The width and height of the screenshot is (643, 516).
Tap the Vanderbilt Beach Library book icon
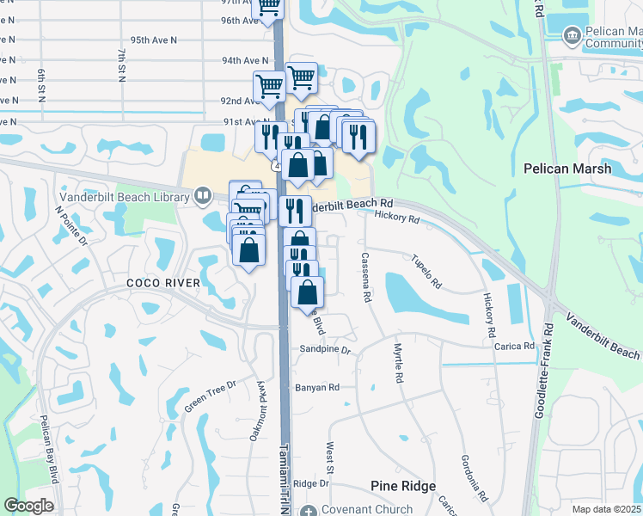point(203,197)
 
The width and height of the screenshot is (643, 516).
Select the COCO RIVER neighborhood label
point(163,283)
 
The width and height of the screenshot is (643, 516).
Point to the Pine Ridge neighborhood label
point(403,486)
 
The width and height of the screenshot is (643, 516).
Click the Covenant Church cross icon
point(309,510)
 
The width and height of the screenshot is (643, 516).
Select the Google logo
point(29,506)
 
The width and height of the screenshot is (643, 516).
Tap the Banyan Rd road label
point(317,388)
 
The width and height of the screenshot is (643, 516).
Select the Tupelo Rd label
point(426,272)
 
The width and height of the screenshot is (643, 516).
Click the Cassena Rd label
point(366,277)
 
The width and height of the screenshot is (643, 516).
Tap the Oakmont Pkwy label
point(259,412)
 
